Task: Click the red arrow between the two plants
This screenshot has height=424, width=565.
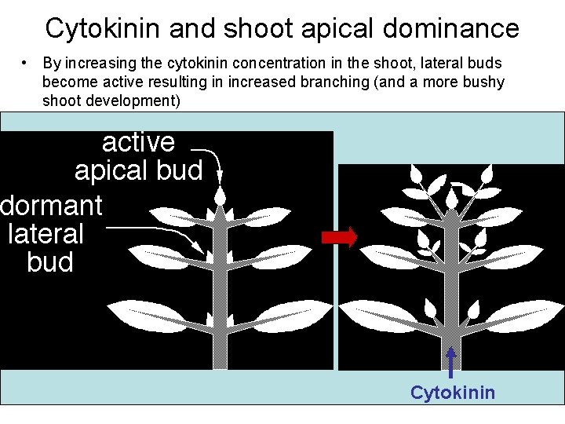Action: (x=340, y=237)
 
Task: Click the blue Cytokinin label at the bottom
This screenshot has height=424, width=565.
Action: (x=453, y=392)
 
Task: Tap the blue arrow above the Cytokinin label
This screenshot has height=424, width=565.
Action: (x=451, y=364)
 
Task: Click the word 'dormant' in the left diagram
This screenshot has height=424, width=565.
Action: (x=52, y=206)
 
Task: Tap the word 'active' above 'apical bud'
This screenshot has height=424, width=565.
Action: (x=139, y=142)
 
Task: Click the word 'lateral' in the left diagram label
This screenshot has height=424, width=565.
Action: (x=46, y=234)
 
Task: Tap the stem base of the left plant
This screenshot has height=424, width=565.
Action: (x=221, y=357)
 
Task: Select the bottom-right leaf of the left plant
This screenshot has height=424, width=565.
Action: (x=282, y=314)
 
